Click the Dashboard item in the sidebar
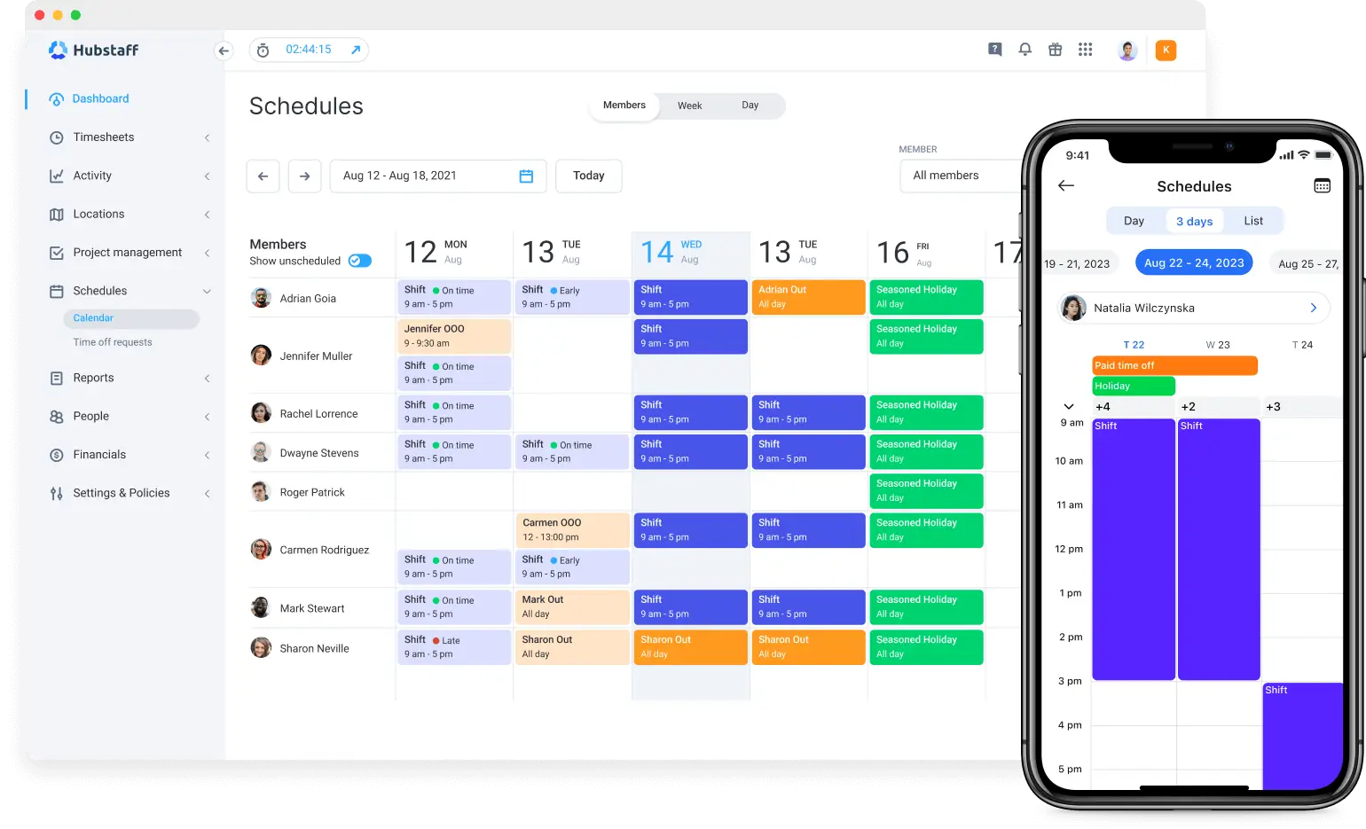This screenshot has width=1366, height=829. (100, 98)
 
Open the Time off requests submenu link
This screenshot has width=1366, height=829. (113, 342)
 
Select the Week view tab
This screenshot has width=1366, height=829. (689, 106)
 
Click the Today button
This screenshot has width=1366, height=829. (588, 176)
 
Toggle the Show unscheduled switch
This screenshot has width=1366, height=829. (359, 261)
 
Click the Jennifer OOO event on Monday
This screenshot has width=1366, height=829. (453, 336)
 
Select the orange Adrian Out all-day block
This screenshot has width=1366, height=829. (807, 297)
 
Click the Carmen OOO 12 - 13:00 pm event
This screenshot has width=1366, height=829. (571, 530)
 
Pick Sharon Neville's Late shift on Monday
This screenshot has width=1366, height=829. (453, 647)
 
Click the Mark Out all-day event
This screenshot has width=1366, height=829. (571, 607)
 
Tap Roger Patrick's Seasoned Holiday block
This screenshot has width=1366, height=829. (925, 491)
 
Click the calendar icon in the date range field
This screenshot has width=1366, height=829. (526, 176)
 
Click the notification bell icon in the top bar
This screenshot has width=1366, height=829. (1024, 50)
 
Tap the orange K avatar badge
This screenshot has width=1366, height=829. (1166, 51)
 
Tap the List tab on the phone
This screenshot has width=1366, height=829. (1252, 221)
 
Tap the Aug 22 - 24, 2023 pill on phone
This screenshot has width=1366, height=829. (1193, 262)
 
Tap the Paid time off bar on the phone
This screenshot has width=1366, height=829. (1174, 365)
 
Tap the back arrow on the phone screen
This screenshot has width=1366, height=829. (1066, 185)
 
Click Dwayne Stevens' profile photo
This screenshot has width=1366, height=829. (261, 452)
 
